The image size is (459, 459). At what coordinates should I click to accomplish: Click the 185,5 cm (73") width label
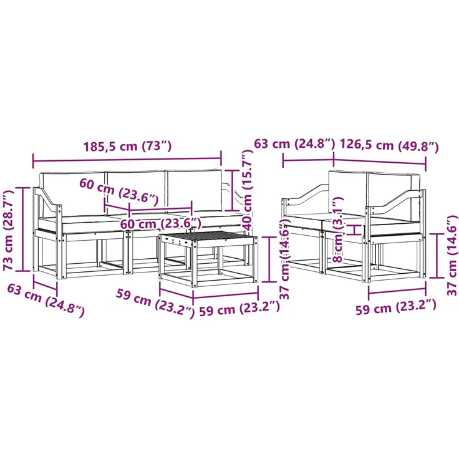click(x=127, y=146)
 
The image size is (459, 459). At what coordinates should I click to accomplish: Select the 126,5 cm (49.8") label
click(x=389, y=145)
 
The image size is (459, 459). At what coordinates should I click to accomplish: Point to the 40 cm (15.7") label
click(x=248, y=190)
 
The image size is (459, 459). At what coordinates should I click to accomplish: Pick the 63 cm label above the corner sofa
click(x=294, y=143)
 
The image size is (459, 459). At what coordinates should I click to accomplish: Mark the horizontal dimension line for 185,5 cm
click(x=127, y=160)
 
